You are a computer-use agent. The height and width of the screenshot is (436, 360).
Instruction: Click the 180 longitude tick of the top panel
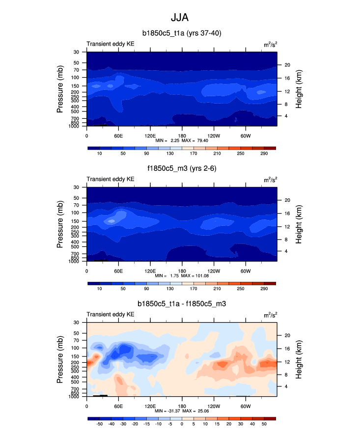pos(182,135)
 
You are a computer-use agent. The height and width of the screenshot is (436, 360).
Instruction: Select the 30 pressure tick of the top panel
pos(77,52)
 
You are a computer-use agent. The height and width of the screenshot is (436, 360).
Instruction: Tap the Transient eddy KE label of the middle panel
pos(111,179)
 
